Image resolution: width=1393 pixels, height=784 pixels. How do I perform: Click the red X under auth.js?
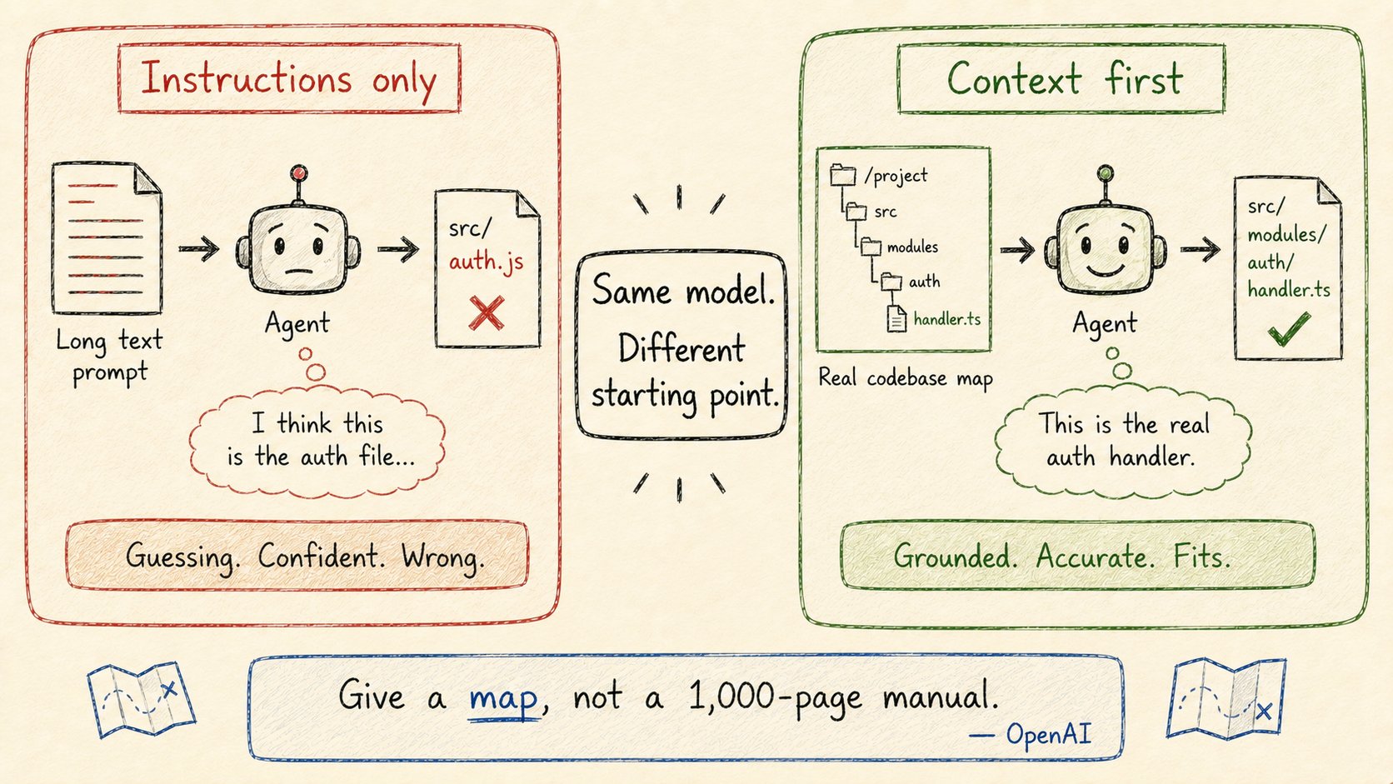coord(487,312)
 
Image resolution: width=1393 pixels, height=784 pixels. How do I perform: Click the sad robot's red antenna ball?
coord(299,172)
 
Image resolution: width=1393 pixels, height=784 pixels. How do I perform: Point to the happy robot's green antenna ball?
coord(1105,172)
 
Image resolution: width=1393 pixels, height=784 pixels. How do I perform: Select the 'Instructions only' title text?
coord(288,80)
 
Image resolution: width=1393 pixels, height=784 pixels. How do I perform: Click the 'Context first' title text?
coord(1064,80)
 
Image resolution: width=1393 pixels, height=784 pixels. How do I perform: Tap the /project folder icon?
coord(842,175)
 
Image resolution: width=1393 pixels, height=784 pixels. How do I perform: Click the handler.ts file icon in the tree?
coord(896,318)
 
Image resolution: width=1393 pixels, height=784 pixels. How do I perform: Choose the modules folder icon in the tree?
coord(871,247)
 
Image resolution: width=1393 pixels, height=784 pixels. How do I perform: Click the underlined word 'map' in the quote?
coord(503,697)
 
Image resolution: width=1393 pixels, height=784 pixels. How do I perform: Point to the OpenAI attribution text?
coord(1030,734)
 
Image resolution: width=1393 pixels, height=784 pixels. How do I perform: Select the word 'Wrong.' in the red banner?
coord(442,557)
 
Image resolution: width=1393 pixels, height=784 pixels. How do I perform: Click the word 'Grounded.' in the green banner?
coord(956,557)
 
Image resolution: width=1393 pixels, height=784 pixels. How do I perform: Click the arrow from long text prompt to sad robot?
coord(199,248)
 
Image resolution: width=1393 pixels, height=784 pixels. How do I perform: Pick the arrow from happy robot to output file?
coord(1201,250)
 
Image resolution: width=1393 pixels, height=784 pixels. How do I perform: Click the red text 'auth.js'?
coord(486,262)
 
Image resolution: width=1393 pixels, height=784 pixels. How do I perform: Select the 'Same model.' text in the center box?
coord(683,291)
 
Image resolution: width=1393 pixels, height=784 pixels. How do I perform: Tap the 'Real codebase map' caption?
coord(906,378)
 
